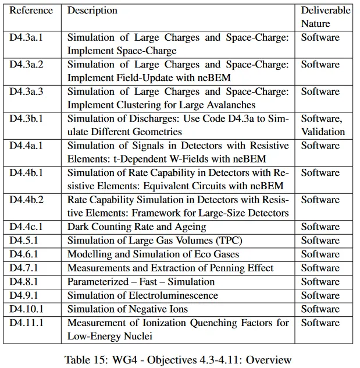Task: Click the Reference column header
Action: pyautogui.click(x=31, y=10)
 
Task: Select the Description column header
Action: pyautogui.click(x=92, y=10)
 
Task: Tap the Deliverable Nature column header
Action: pyautogui.click(x=325, y=17)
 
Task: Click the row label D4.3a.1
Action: pyautogui.click(x=27, y=38)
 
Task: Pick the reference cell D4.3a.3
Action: pyautogui.click(x=27, y=92)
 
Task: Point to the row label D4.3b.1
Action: pyautogui.click(x=27, y=119)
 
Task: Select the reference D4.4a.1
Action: pyautogui.click(x=27, y=146)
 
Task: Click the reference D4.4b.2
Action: pyautogui.click(x=27, y=200)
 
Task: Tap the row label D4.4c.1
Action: pyautogui.click(x=26, y=227)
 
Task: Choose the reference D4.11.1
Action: pyautogui.click(x=26, y=323)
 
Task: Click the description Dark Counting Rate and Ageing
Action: pyautogui.click(x=137, y=227)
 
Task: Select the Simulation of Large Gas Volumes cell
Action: pyautogui.click(x=155, y=240)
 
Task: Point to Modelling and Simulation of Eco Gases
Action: pyautogui.click(x=153, y=254)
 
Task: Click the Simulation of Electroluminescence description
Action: pyautogui.click(x=142, y=295)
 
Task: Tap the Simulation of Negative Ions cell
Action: pyautogui.click(x=127, y=309)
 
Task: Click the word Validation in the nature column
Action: pyautogui.click(x=323, y=132)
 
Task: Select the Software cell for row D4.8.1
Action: pyautogui.click(x=320, y=282)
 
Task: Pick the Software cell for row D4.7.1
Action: pyautogui.click(x=320, y=268)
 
